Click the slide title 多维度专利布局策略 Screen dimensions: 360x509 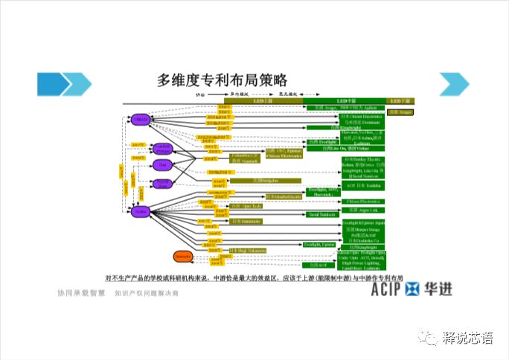tap(222, 80)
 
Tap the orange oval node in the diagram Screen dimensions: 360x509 tap(183, 257)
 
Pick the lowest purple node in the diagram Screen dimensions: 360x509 tap(141, 212)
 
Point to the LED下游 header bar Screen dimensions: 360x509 tap(400, 100)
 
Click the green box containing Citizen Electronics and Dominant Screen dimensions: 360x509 tap(360, 119)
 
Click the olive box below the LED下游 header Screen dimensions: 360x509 tap(400, 112)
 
